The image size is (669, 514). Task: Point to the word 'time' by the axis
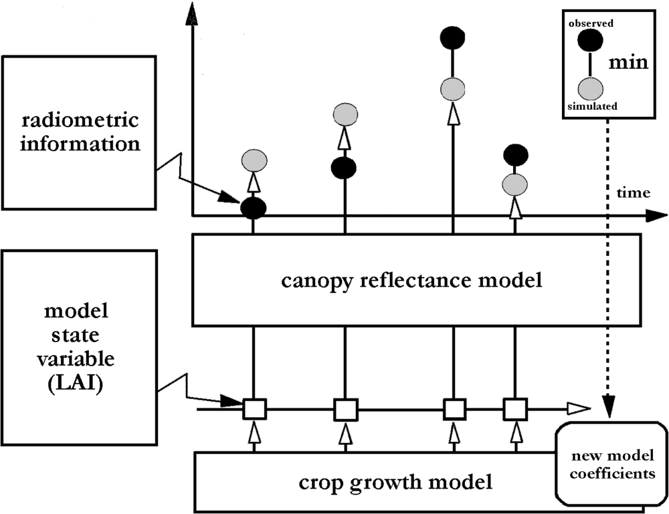tap(632, 193)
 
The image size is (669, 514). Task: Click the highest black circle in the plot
tap(453, 37)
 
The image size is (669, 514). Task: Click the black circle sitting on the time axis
tap(254, 208)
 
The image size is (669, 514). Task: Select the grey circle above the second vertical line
tap(345, 115)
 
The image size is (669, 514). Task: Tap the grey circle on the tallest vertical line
tap(453, 88)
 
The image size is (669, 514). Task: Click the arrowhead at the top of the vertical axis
tap(192, 13)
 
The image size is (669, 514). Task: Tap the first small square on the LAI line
tap(254, 407)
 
